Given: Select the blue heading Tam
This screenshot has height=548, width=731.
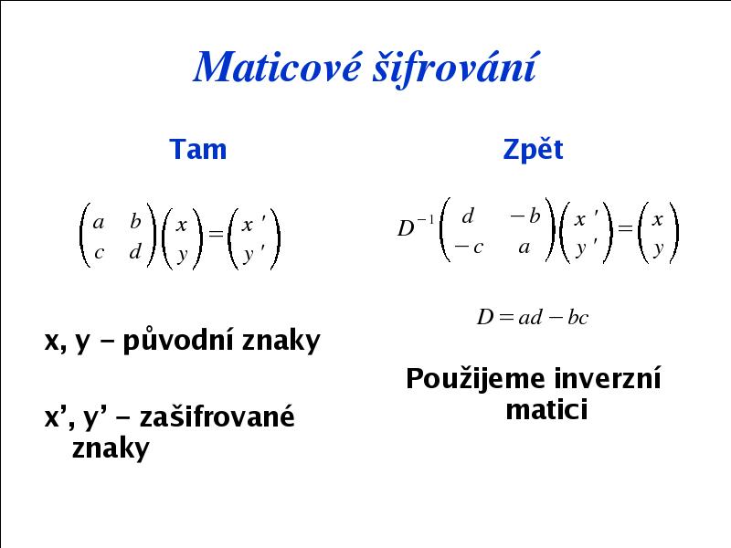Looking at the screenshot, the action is coord(198,149).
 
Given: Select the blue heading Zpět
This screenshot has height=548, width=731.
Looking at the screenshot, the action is coord(533,149).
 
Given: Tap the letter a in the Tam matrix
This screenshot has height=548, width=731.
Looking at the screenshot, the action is coord(98,223).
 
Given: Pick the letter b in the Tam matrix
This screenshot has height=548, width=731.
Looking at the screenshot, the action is coord(135,221).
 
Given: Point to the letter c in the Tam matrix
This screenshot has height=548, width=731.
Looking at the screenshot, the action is coord(99,253).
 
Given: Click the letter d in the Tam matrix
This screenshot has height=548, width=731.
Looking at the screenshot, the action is coord(135,252).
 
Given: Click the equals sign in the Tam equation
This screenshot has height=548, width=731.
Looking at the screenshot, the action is coord(216,234).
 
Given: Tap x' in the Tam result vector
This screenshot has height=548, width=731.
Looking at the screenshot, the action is coord(253,224).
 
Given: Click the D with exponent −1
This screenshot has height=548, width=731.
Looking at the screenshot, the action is coord(416,226).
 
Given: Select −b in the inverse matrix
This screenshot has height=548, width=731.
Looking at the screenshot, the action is coord(524,216).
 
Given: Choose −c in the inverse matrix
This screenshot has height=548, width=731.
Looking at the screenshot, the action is coord(469,247).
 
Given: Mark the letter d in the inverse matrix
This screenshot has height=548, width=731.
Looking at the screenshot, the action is coord(468,216).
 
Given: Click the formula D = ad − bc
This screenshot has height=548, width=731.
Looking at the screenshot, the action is coord(533,317).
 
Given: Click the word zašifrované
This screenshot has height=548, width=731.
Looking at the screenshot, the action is coord(217,416).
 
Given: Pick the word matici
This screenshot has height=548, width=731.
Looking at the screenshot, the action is coord(546,409).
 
